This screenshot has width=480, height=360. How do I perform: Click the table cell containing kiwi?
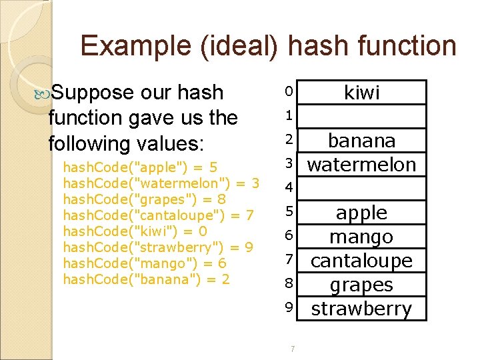click(361, 93)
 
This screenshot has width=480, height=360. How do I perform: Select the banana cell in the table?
click(361, 141)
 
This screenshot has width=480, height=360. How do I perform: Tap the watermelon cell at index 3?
click(361, 164)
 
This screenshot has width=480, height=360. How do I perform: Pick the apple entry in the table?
click(361, 213)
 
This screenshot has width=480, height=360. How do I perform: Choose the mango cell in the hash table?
click(361, 237)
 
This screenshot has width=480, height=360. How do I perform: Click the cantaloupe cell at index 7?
click(361, 261)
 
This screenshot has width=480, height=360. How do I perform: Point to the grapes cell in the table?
click(361, 285)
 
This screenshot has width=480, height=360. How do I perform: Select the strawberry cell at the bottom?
click(361, 309)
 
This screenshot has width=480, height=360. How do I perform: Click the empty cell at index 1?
click(361, 116)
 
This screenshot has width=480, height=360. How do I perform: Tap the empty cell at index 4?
click(361, 188)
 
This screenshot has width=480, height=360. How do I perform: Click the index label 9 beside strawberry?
click(289, 307)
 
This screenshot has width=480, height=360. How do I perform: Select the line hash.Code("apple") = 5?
click(145, 167)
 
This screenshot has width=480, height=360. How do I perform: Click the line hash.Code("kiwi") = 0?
click(135, 231)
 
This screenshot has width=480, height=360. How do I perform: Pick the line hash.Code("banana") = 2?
click(146, 279)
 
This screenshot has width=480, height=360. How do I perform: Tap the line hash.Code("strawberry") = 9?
click(158, 247)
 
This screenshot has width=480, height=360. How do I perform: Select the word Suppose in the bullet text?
click(93, 92)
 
